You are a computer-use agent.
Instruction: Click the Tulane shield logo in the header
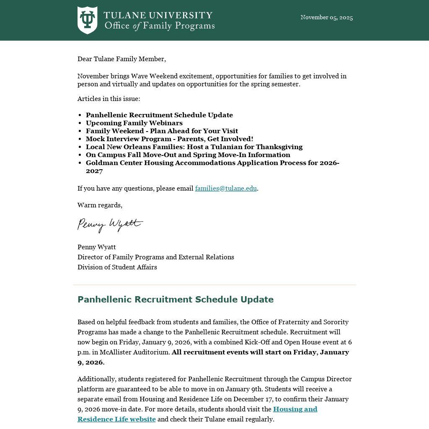pos(87,20)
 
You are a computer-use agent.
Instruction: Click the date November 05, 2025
pos(326,18)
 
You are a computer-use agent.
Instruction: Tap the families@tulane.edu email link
pos(226,189)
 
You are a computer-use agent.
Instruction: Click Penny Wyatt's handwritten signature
pos(110,225)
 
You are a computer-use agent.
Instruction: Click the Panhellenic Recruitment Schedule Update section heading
pos(175,300)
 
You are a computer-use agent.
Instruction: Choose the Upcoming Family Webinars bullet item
pos(134,123)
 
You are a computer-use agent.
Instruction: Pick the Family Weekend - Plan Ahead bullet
pos(162,131)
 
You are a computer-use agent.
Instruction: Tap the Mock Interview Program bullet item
pos(169,139)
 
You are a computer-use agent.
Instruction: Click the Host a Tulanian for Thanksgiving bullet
pos(194,147)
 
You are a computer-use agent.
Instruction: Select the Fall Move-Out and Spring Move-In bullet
pos(188,155)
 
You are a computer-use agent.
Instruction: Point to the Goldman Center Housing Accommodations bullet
pos(212,163)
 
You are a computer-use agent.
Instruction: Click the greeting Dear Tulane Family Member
pos(121,59)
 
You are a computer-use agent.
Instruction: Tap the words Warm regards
pos(100,205)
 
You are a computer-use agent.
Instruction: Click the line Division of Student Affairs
pos(117,267)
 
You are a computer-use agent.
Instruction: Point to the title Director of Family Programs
pos(155,257)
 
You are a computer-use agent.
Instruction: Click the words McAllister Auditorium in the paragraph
pos(134,352)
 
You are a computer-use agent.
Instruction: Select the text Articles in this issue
pos(109,99)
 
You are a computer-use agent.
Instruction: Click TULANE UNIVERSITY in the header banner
pos(158,16)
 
